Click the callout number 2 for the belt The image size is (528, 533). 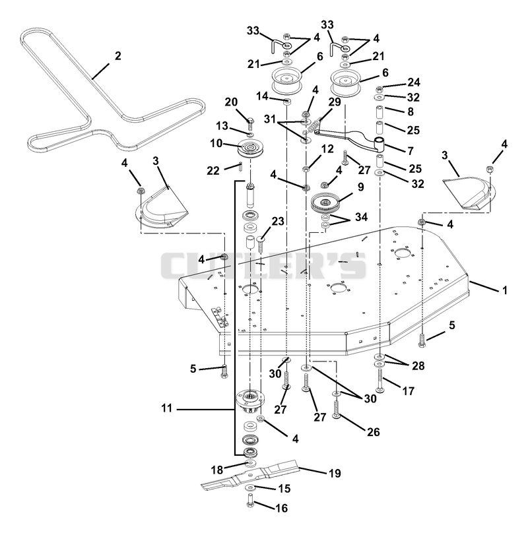117,56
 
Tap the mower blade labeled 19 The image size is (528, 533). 251,474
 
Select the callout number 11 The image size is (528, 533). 167,408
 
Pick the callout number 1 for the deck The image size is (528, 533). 505,290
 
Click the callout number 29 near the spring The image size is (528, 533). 335,102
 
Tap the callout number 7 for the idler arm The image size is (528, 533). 411,150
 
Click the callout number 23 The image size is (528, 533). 278,221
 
